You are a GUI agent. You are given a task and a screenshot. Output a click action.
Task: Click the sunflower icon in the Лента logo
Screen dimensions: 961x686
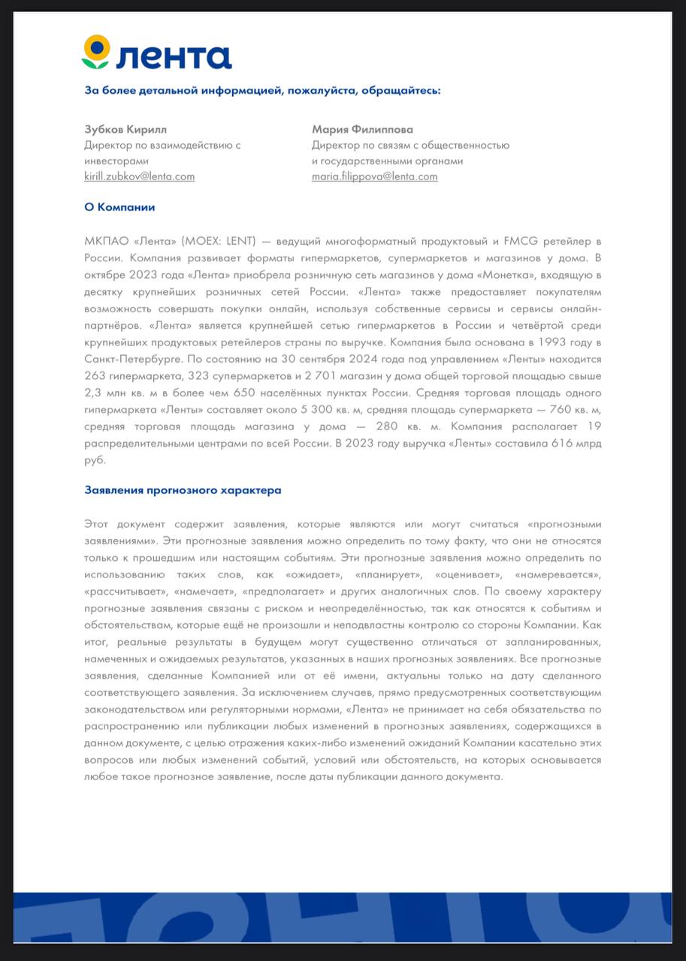(x=95, y=52)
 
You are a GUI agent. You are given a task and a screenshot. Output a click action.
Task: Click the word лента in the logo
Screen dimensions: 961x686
(x=174, y=56)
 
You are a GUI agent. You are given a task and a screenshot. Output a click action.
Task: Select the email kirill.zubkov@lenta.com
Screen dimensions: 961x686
(x=139, y=176)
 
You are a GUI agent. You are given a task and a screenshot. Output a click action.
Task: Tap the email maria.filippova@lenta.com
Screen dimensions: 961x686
(x=374, y=176)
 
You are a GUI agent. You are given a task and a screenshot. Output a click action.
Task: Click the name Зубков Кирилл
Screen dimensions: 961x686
(x=125, y=129)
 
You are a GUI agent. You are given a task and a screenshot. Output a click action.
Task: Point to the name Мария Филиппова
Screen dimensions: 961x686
(x=362, y=129)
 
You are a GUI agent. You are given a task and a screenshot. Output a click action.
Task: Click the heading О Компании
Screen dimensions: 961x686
(x=119, y=207)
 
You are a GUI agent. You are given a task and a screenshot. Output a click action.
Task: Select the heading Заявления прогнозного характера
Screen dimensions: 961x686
(x=183, y=490)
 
